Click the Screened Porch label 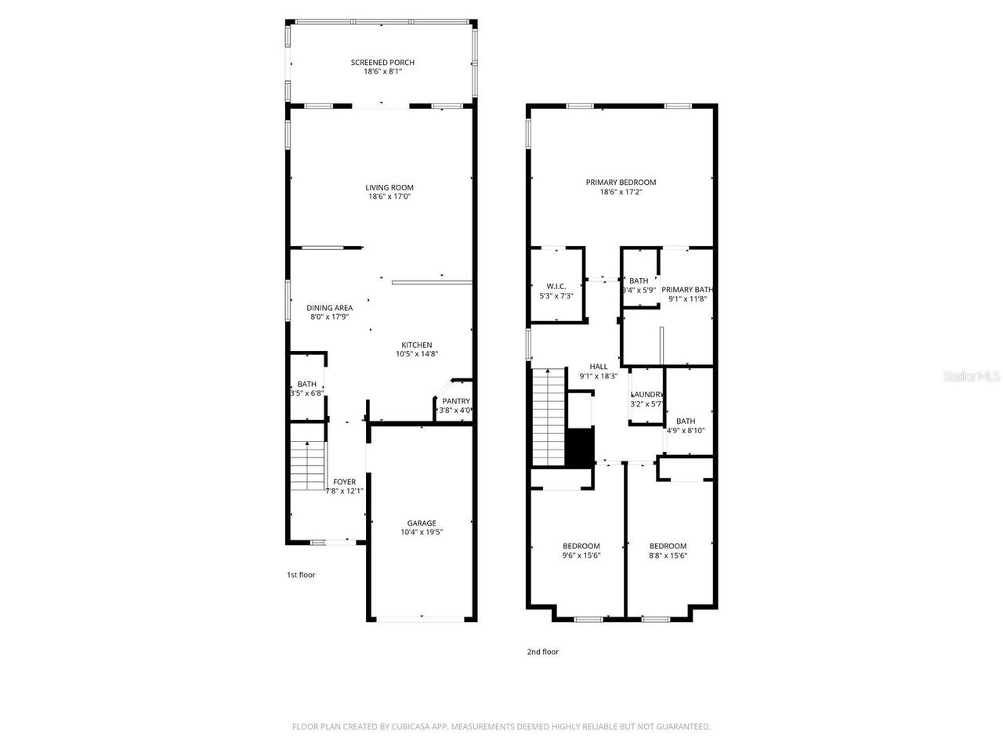click(382, 63)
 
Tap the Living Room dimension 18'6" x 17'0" click(389, 197)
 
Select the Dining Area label click(329, 308)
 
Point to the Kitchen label click(416, 345)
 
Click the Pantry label click(455, 401)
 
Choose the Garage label click(421, 523)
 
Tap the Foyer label click(344, 482)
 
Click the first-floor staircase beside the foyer click(308, 465)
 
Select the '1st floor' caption click(300, 575)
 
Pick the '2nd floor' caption click(542, 652)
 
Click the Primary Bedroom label click(621, 183)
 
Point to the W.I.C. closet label click(556, 286)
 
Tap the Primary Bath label click(687, 289)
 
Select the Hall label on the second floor click(599, 366)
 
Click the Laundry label click(647, 395)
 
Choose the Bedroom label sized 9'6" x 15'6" click(581, 546)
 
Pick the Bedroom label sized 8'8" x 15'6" click(668, 546)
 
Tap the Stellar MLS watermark click(972, 377)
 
